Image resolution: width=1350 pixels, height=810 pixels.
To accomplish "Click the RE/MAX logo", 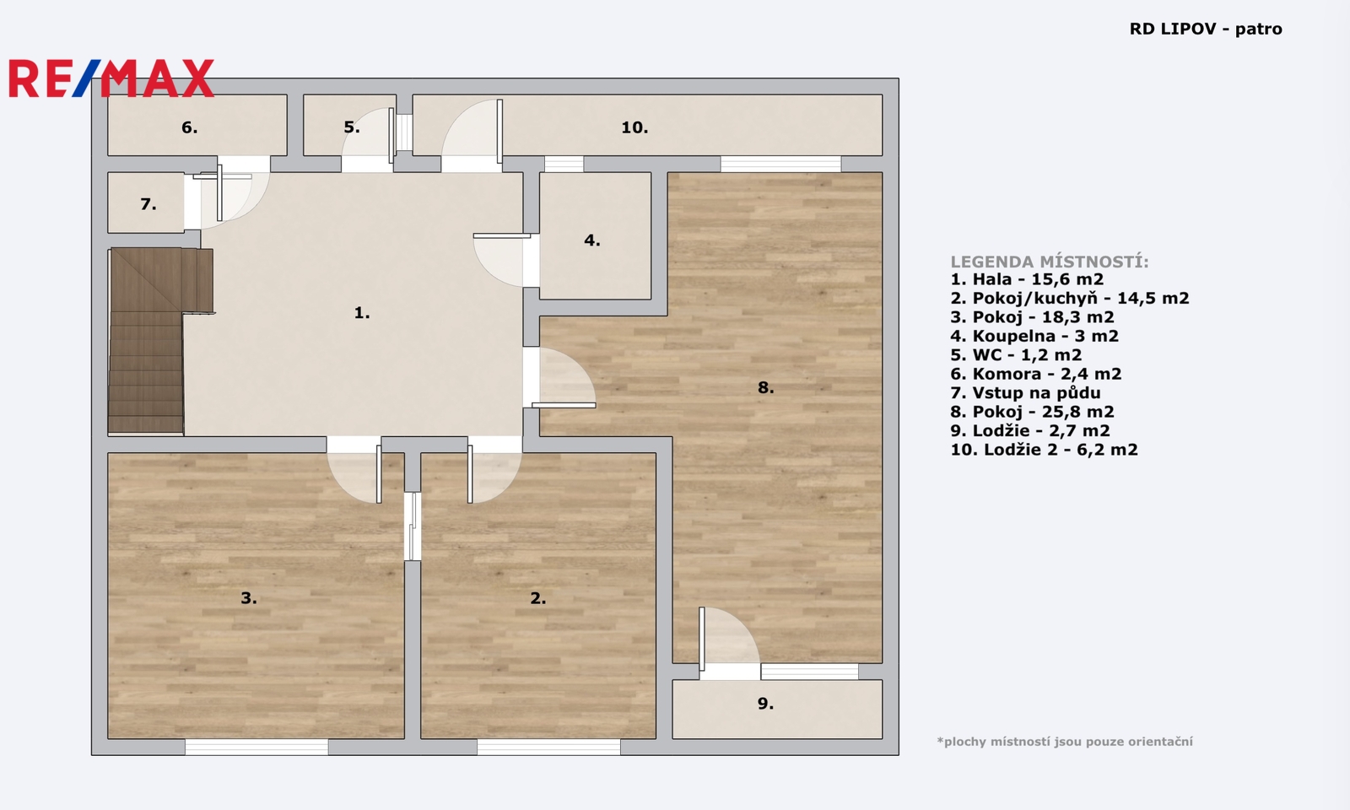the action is (111, 78).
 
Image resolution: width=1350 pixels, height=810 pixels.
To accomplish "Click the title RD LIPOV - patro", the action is (1206, 29).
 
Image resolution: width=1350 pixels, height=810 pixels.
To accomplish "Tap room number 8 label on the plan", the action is (765, 387).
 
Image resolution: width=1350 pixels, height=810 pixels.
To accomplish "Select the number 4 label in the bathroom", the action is (591, 240).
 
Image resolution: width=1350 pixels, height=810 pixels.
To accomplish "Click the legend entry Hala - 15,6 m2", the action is (1027, 279).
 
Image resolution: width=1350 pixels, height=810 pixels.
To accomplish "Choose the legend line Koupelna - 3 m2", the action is (1034, 336).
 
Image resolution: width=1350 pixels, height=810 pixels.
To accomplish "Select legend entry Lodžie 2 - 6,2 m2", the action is (1044, 450).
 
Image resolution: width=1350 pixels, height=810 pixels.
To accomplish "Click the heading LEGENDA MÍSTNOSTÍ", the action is (1050, 262).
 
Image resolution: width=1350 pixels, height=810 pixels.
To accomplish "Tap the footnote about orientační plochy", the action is (1065, 742).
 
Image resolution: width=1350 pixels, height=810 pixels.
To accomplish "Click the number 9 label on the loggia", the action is (765, 704).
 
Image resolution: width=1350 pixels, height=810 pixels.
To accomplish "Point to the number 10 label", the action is (634, 127).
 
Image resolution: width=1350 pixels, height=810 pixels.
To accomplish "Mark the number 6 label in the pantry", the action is (189, 127).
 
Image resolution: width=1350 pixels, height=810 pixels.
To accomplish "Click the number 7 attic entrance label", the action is (148, 204).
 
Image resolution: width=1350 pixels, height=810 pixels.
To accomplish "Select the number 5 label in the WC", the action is (351, 127).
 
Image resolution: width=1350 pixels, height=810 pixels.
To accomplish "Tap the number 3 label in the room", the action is (249, 598).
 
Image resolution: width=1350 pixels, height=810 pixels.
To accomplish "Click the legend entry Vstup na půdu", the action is (1025, 393).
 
